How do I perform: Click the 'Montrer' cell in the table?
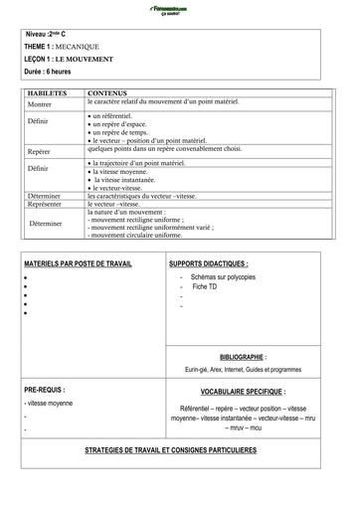(x=41, y=103)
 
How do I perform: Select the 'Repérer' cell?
(x=41, y=151)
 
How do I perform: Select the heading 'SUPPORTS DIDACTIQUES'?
(x=209, y=264)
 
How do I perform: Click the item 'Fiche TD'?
(x=207, y=286)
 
